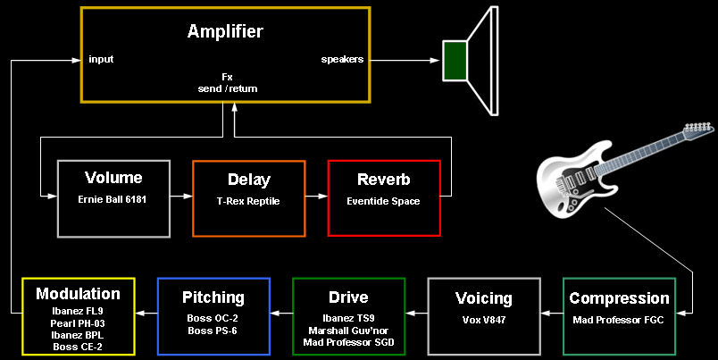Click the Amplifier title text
click(225, 32)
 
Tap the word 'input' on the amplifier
click(101, 60)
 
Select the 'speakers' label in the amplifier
click(342, 60)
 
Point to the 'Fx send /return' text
click(227, 83)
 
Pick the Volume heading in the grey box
click(113, 178)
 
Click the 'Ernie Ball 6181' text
click(113, 201)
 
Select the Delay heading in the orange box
click(249, 180)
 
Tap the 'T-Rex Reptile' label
click(249, 202)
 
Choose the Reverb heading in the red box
click(383, 180)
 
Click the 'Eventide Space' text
click(383, 202)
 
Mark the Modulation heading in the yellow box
click(78, 294)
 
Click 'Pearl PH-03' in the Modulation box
click(78, 322)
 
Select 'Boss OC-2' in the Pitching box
click(213, 317)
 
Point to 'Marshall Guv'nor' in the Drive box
click(348, 330)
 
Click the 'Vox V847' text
click(483, 319)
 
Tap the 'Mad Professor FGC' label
click(619, 319)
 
